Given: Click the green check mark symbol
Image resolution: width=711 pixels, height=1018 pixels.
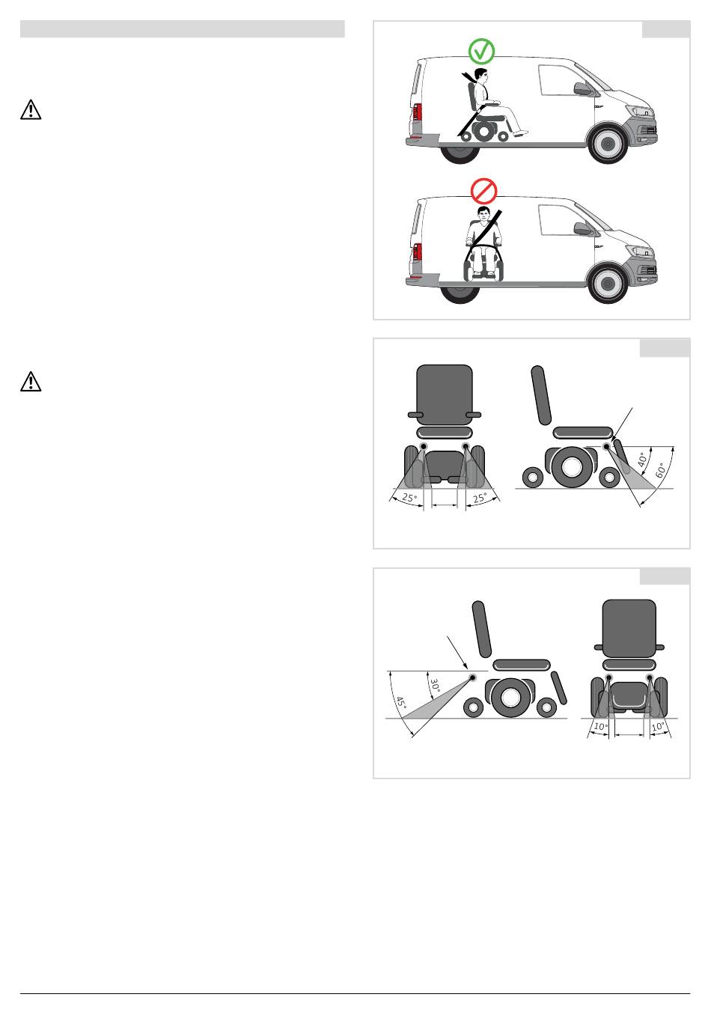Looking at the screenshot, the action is pyautogui.click(x=481, y=51).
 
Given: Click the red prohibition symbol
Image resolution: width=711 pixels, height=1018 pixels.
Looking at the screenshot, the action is pyautogui.click(x=483, y=190).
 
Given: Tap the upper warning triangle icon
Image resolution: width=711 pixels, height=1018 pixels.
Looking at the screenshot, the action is pyautogui.click(x=31, y=109).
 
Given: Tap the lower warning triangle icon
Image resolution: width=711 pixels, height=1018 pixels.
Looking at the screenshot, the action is pyautogui.click(x=31, y=381).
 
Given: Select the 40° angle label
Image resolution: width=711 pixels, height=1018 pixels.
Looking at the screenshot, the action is pyautogui.click(x=642, y=459).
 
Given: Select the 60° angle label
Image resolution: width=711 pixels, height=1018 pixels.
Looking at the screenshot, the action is pyautogui.click(x=661, y=470).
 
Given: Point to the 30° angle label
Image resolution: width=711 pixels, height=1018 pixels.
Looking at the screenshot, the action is pyautogui.click(x=436, y=686).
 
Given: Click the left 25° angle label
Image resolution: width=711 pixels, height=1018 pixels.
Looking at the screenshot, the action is pyautogui.click(x=409, y=498).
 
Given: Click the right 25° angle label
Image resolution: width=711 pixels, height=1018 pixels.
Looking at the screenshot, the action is pyautogui.click(x=480, y=498).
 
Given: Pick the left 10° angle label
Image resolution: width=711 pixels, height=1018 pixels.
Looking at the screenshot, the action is pyautogui.click(x=600, y=726).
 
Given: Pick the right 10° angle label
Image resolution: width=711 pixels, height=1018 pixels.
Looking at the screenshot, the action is pyautogui.click(x=657, y=726).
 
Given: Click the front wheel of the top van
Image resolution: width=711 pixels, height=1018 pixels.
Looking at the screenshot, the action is pyautogui.click(x=608, y=144).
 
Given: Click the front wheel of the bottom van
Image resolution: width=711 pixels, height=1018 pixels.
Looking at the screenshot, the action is pyautogui.click(x=608, y=283).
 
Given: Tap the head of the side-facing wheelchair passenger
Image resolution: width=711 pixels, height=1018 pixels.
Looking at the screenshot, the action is pyautogui.click(x=480, y=75).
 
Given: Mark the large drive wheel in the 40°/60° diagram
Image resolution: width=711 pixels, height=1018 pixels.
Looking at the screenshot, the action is pyautogui.click(x=570, y=467).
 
